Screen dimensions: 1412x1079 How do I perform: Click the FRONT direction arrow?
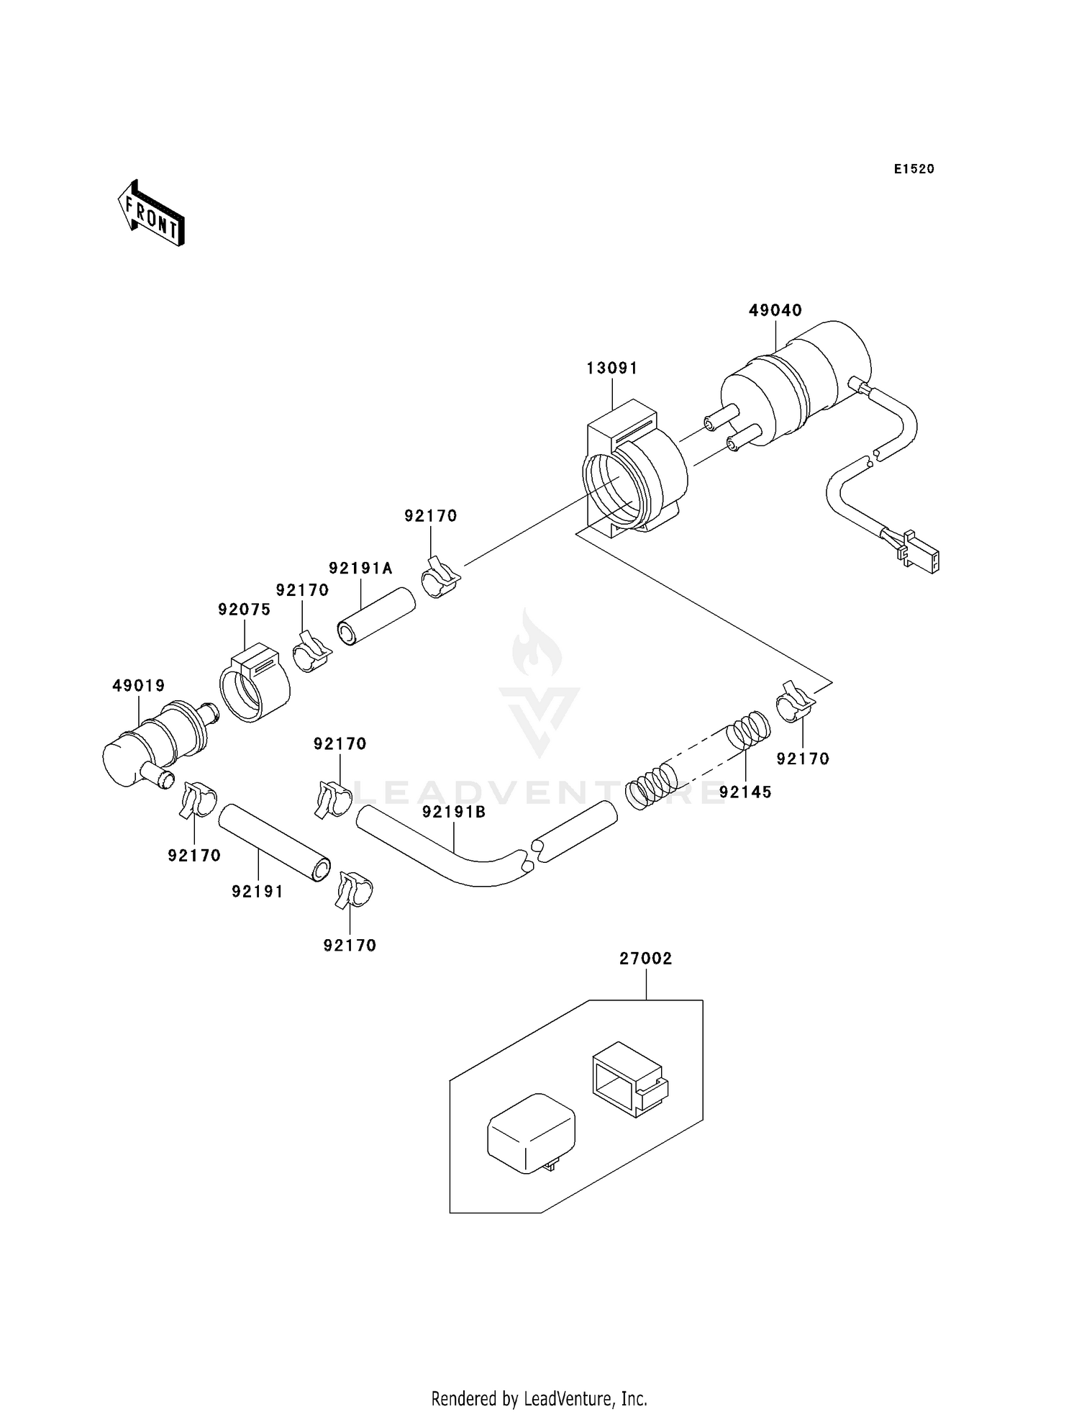(151, 214)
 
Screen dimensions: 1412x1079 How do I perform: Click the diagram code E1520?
(914, 169)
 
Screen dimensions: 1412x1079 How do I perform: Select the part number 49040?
(775, 311)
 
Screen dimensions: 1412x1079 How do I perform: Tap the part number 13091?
(611, 368)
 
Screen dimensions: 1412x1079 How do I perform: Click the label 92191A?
(360, 569)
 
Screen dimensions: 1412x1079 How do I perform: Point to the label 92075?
(244, 610)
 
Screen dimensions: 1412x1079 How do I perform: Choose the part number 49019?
(138, 686)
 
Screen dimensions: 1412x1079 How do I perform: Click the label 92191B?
(454, 813)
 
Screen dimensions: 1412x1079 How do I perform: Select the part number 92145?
(745, 792)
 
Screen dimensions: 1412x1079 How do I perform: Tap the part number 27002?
(645, 959)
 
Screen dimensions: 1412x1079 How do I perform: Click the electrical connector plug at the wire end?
(919, 555)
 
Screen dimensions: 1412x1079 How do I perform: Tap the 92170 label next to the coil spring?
(803, 759)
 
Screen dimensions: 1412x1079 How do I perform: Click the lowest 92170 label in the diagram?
(350, 946)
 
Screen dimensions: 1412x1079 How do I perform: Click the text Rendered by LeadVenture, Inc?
(539, 1398)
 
